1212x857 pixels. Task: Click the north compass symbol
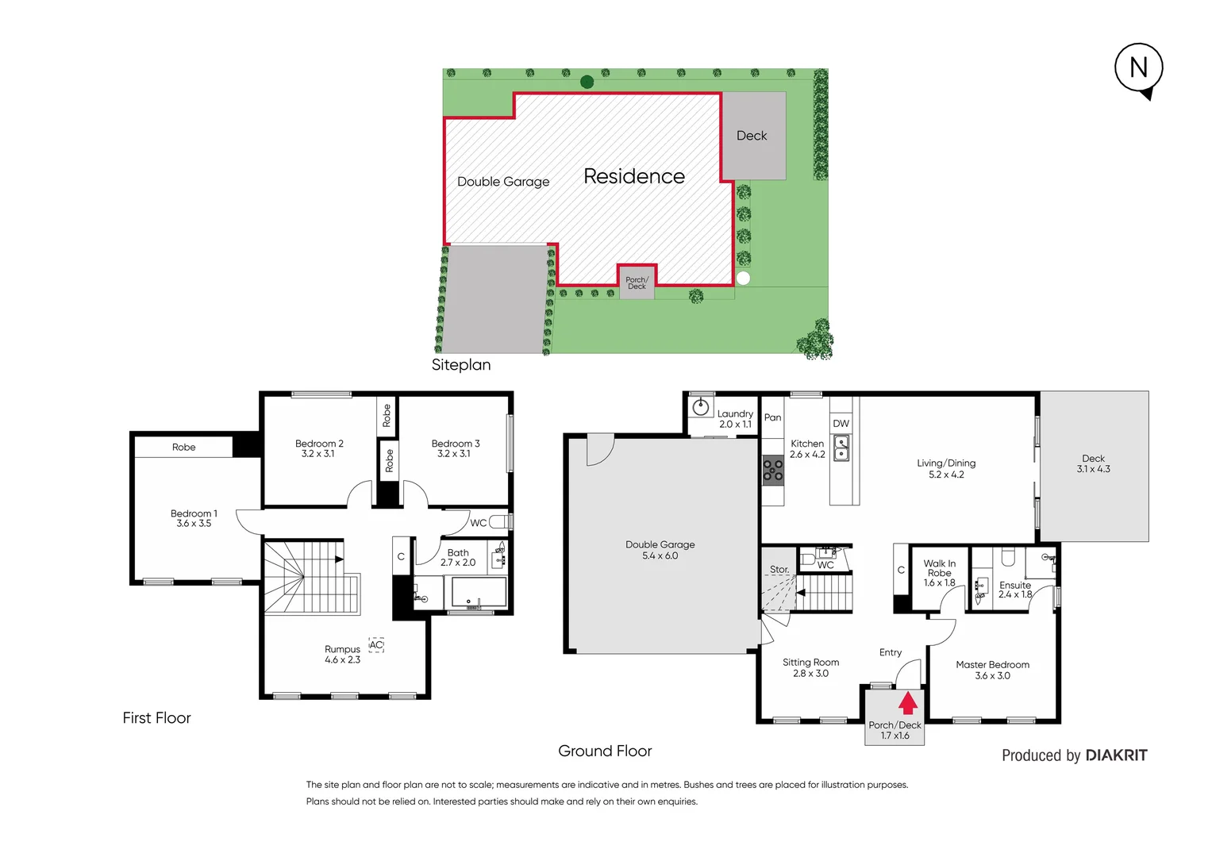[1139, 69]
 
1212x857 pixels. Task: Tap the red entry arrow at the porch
[908, 703]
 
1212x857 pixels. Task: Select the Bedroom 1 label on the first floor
[194, 518]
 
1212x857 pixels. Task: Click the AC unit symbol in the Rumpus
[376, 645]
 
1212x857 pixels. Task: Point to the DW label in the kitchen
[841, 424]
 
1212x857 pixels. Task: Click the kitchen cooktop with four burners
[773, 471]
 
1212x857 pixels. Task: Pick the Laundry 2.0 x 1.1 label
[735, 419]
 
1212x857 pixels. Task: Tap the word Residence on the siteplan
[633, 176]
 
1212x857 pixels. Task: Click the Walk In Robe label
[940, 573]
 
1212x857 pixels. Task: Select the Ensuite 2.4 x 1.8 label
[1015, 590]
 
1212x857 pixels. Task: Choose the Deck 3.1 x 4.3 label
[1093, 463]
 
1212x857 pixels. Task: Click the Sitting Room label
[810, 667]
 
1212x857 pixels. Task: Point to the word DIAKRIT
[1116, 755]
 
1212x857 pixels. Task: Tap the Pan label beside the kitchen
[772, 417]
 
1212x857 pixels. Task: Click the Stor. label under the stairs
[779, 570]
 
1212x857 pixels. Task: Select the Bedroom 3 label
[456, 448]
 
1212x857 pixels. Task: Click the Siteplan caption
[461, 365]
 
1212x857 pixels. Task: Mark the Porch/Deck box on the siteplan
[637, 282]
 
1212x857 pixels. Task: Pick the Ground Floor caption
[605, 751]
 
